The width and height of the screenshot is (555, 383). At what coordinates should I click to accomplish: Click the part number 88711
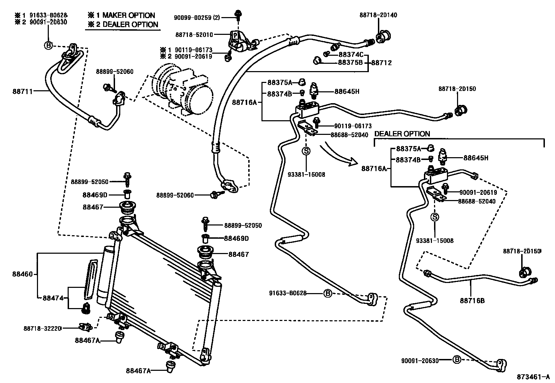coord(23,92)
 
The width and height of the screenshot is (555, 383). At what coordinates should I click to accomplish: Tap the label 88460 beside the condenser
coord(24,274)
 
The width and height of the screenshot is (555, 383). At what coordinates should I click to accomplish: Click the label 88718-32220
coord(43,328)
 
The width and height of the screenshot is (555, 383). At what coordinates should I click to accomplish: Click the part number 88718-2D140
coord(378,15)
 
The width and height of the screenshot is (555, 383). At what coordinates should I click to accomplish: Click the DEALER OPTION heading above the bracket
coord(402,134)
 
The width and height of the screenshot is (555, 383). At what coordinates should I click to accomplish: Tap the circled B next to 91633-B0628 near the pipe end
coord(327,293)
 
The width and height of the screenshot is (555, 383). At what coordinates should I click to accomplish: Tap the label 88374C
coord(351,54)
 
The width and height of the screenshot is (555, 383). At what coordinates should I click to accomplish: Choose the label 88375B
coord(350,63)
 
